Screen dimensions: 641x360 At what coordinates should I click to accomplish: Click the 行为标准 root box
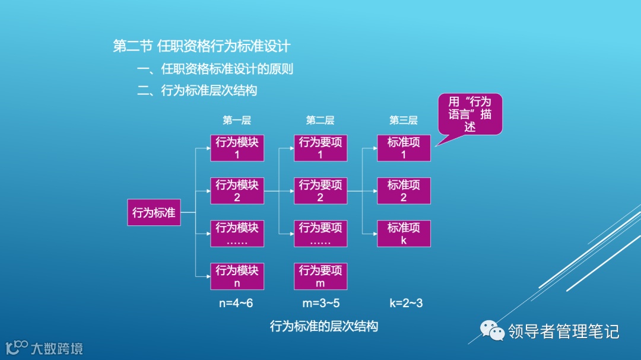point(154,212)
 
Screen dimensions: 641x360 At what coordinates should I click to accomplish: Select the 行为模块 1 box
point(237,148)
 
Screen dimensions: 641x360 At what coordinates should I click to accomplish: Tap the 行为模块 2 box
point(237,190)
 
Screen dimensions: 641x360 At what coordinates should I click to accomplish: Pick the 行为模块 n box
point(237,276)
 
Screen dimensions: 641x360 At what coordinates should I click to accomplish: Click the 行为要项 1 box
point(320,148)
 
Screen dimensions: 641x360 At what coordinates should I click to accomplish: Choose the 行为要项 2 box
point(320,190)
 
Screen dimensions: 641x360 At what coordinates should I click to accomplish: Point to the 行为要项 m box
point(320,276)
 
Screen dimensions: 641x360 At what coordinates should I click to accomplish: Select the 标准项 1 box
point(404,148)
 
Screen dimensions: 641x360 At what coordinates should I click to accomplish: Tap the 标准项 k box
point(404,233)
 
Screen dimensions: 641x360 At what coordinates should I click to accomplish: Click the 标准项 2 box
point(404,190)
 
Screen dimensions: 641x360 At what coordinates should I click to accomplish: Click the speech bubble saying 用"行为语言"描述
point(470,113)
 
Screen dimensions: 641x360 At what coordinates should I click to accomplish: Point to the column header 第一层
point(237,120)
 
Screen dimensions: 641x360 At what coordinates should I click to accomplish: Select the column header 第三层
point(404,120)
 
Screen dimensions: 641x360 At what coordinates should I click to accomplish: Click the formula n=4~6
point(236,303)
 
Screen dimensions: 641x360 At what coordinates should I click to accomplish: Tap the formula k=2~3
point(406,303)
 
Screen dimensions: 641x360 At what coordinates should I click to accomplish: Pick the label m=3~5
point(321,303)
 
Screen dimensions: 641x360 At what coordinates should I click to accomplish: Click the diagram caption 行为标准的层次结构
point(323,326)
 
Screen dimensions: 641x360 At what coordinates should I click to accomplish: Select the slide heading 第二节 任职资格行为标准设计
point(202,46)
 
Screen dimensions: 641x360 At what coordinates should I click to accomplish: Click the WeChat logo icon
point(492,330)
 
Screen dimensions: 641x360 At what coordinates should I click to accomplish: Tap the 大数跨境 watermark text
point(56,348)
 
